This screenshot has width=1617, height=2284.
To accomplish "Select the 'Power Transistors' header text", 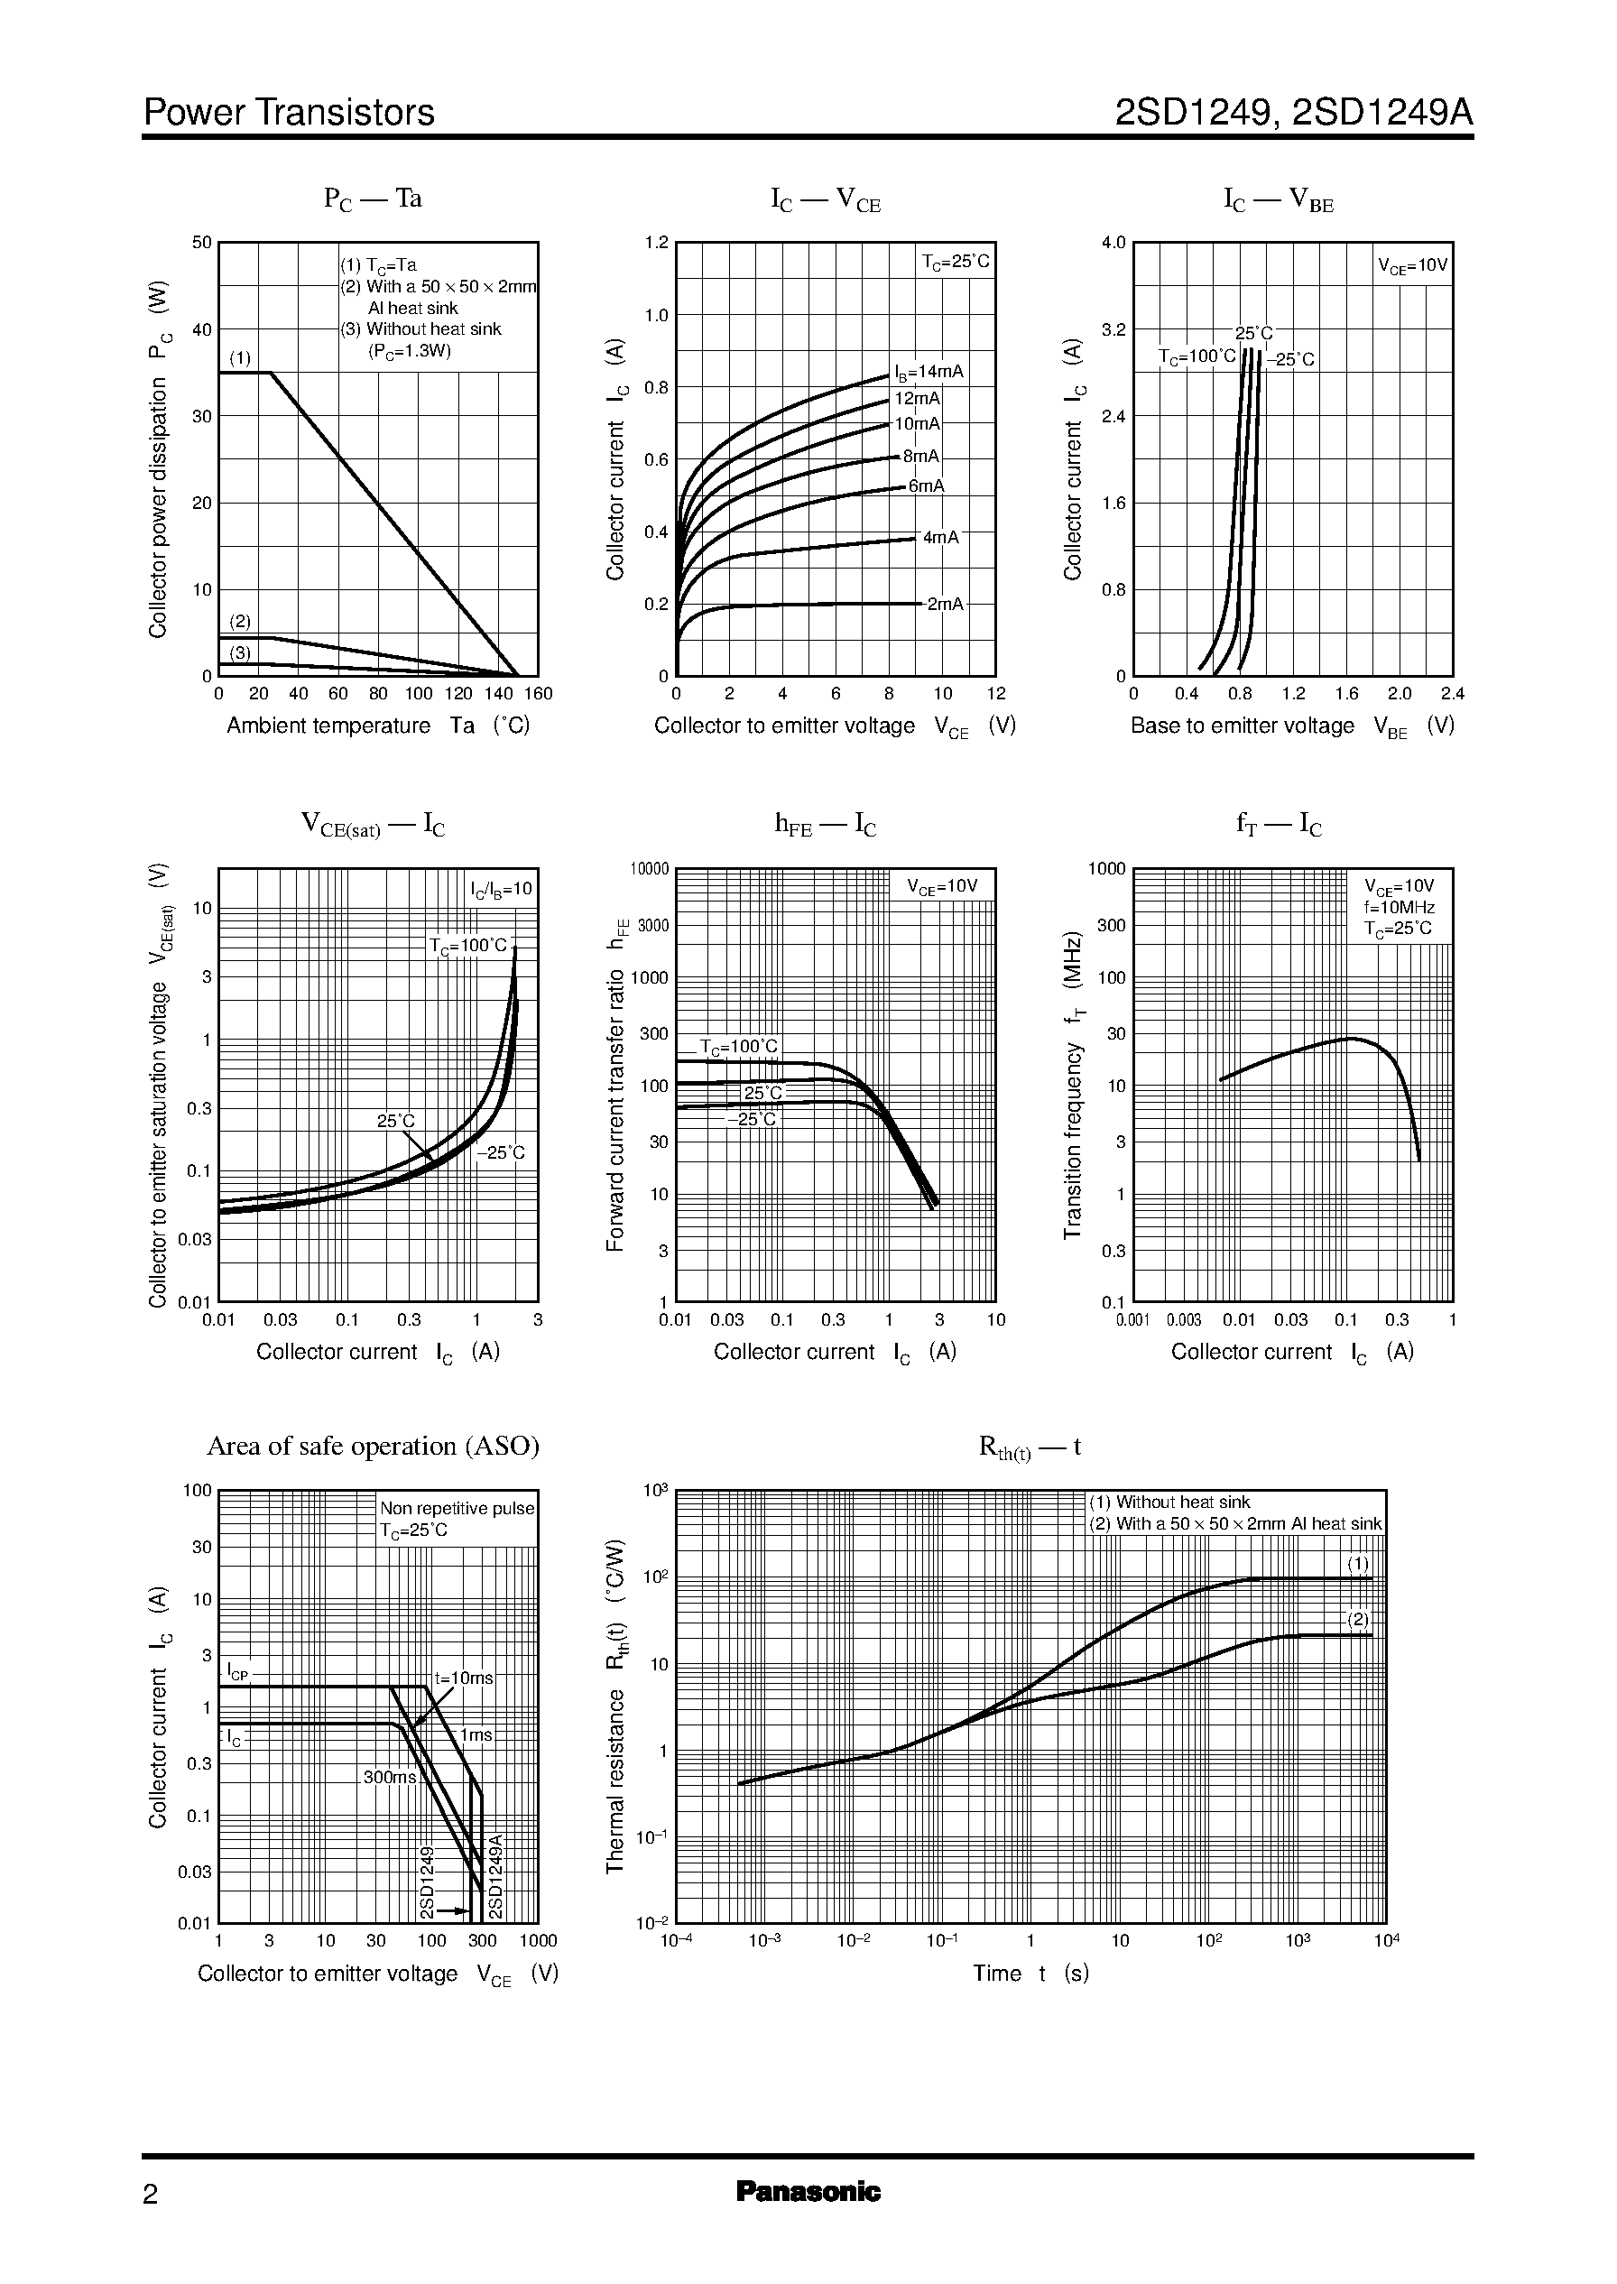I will click(x=289, y=113).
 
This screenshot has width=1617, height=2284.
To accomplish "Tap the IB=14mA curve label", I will click(x=929, y=373).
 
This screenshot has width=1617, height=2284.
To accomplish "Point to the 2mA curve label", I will click(x=944, y=605).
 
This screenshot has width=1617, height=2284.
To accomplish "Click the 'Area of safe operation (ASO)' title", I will click(x=373, y=1446).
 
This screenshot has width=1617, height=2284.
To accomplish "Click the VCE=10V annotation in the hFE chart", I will click(x=942, y=886).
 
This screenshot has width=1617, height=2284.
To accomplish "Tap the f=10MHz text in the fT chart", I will click(x=1399, y=907).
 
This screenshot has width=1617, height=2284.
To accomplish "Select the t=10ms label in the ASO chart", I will click(x=463, y=1678).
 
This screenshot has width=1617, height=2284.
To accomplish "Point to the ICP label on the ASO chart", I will click(x=237, y=1671).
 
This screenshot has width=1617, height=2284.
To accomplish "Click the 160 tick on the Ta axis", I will click(x=538, y=694).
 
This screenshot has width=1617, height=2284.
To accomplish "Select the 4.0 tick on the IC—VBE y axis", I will click(x=1113, y=243).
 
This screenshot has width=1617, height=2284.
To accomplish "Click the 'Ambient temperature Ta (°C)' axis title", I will click(x=377, y=726).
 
